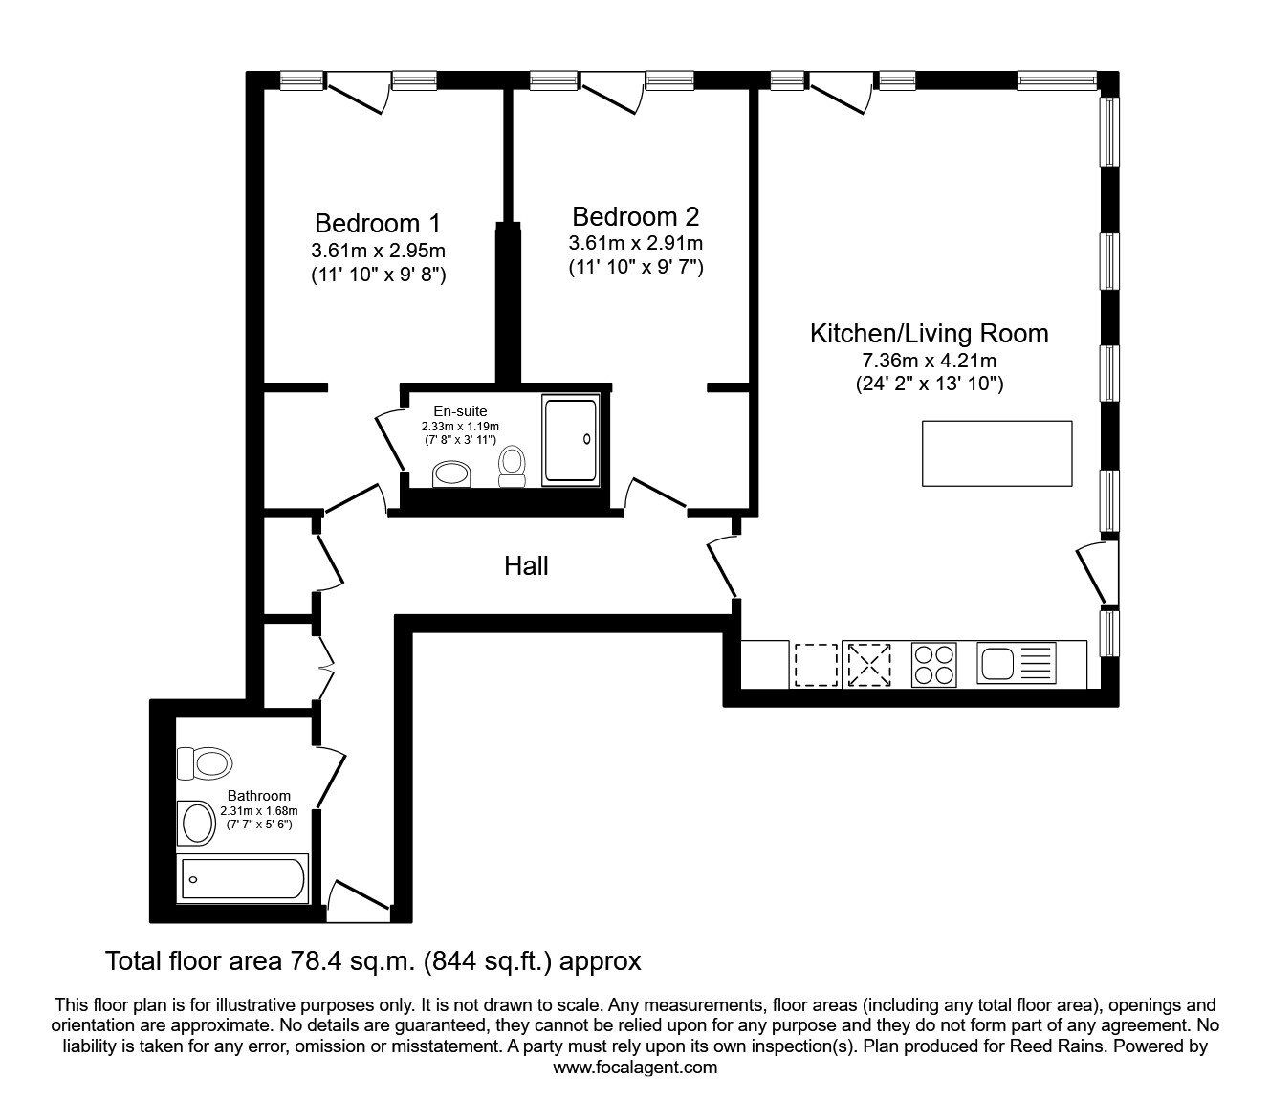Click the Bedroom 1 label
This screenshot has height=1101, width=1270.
click(378, 223)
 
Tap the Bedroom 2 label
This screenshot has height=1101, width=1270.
click(635, 215)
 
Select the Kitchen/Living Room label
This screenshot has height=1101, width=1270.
click(929, 334)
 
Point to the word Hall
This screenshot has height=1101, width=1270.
click(526, 566)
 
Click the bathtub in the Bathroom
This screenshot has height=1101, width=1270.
click(243, 877)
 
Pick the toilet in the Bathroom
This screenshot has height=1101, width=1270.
click(205, 763)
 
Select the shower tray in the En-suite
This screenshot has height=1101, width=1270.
click(570, 438)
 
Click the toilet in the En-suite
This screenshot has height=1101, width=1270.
click(513, 466)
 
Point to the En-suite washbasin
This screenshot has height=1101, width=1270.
click(451, 473)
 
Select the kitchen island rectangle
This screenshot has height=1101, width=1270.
click(996, 452)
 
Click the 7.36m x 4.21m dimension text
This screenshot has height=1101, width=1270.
click(929, 362)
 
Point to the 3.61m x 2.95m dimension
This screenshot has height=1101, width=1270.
click(378, 251)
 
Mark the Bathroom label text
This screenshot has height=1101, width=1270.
click(258, 796)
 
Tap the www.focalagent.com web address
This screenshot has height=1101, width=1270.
click(635, 1068)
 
